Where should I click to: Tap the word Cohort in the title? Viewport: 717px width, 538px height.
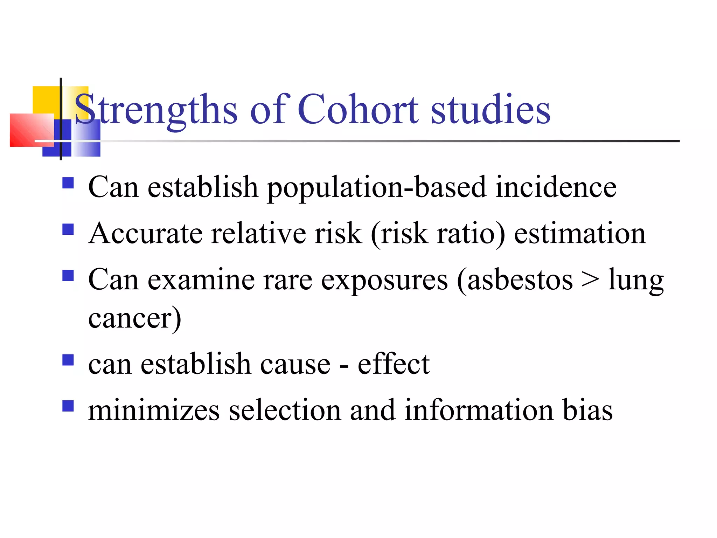(358, 109)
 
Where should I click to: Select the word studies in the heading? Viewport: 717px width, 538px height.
(490, 109)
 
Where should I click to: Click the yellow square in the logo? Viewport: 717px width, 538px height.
(46, 99)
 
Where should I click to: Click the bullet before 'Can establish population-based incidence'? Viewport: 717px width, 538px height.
(68, 183)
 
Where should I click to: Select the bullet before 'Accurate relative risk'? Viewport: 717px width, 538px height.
(68, 229)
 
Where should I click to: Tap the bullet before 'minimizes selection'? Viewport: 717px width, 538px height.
(68, 406)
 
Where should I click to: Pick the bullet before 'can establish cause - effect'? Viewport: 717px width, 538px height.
(68, 360)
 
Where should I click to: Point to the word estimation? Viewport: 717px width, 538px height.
(580, 234)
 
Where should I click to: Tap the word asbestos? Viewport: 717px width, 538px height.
(520, 280)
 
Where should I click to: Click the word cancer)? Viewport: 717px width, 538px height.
(135, 318)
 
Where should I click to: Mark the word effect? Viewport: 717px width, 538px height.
(394, 364)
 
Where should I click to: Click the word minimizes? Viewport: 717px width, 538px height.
(154, 410)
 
